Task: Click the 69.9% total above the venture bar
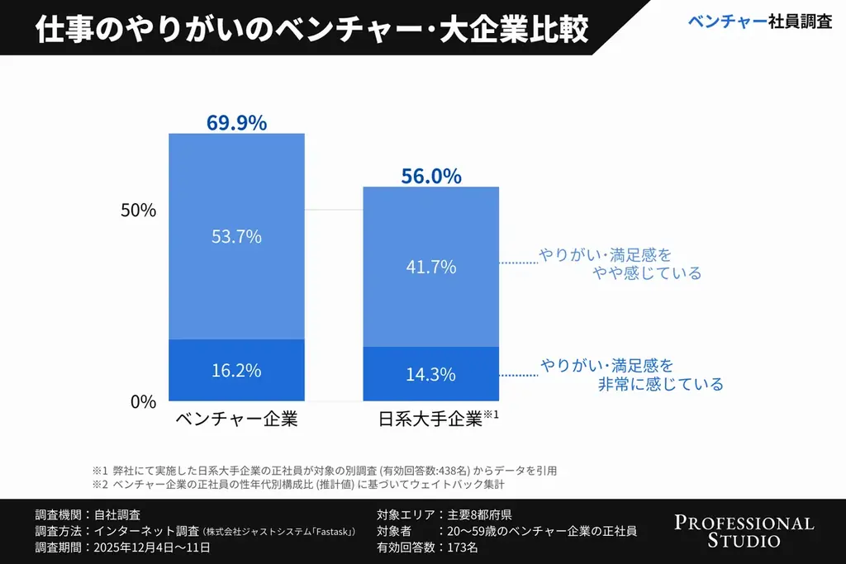pyautogui.click(x=236, y=123)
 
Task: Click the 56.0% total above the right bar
pyautogui.click(x=431, y=176)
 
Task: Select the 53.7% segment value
pyautogui.click(x=236, y=237)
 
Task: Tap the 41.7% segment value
pyautogui.click(x=431, y=267)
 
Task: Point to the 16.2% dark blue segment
pyautogui.click(x=236, y=370)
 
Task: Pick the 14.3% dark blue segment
pyautogui.click(x=431, y=374)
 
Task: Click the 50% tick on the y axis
pyautogui.click(x=138, y=210)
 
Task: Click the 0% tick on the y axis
pyautogui.click(x=142, y=402)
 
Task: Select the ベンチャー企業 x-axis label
pyautogui.click(x=236, y=419)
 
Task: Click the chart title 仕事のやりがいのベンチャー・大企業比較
pyautogui.click(x=312, y=29)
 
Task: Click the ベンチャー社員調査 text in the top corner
pyautogui.click(x=759, y=22)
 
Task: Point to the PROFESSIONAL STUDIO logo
pyautogui.click(x=744, y=532)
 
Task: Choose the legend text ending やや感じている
pyautogui.click(x=620, y=264)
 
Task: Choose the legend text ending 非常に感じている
pyautogui.click(x=632, y=374)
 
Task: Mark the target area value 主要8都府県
pyautogui.click(x=478, y=514)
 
